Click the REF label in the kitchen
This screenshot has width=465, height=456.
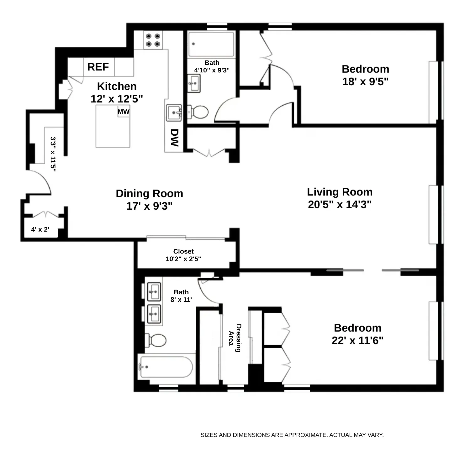coord(98,67)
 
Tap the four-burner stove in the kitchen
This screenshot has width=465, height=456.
coord(153,40)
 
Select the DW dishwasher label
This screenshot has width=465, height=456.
coord(174,138)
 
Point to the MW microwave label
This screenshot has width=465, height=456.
coord(124,112)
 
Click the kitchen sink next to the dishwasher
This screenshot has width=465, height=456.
coord(174,113)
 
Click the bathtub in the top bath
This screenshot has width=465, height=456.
coord(211,44)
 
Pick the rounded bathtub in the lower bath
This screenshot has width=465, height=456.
coord(166,367)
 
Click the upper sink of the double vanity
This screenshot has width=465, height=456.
coord(154,292)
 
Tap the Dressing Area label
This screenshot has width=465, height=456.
coord(235,338)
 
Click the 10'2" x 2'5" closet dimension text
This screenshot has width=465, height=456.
coord(183,259)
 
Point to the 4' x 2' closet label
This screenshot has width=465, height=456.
coord(40,229)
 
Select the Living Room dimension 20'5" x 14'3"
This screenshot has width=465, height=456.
coord(340,204)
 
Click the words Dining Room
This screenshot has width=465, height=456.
coord(149,193)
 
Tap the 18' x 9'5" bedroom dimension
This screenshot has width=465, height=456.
coord(365,81)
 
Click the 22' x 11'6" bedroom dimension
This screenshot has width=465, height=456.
coord(357,340)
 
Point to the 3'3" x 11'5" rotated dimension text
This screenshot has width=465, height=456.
coord(53,154)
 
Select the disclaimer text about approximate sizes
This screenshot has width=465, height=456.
coord(292,435)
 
